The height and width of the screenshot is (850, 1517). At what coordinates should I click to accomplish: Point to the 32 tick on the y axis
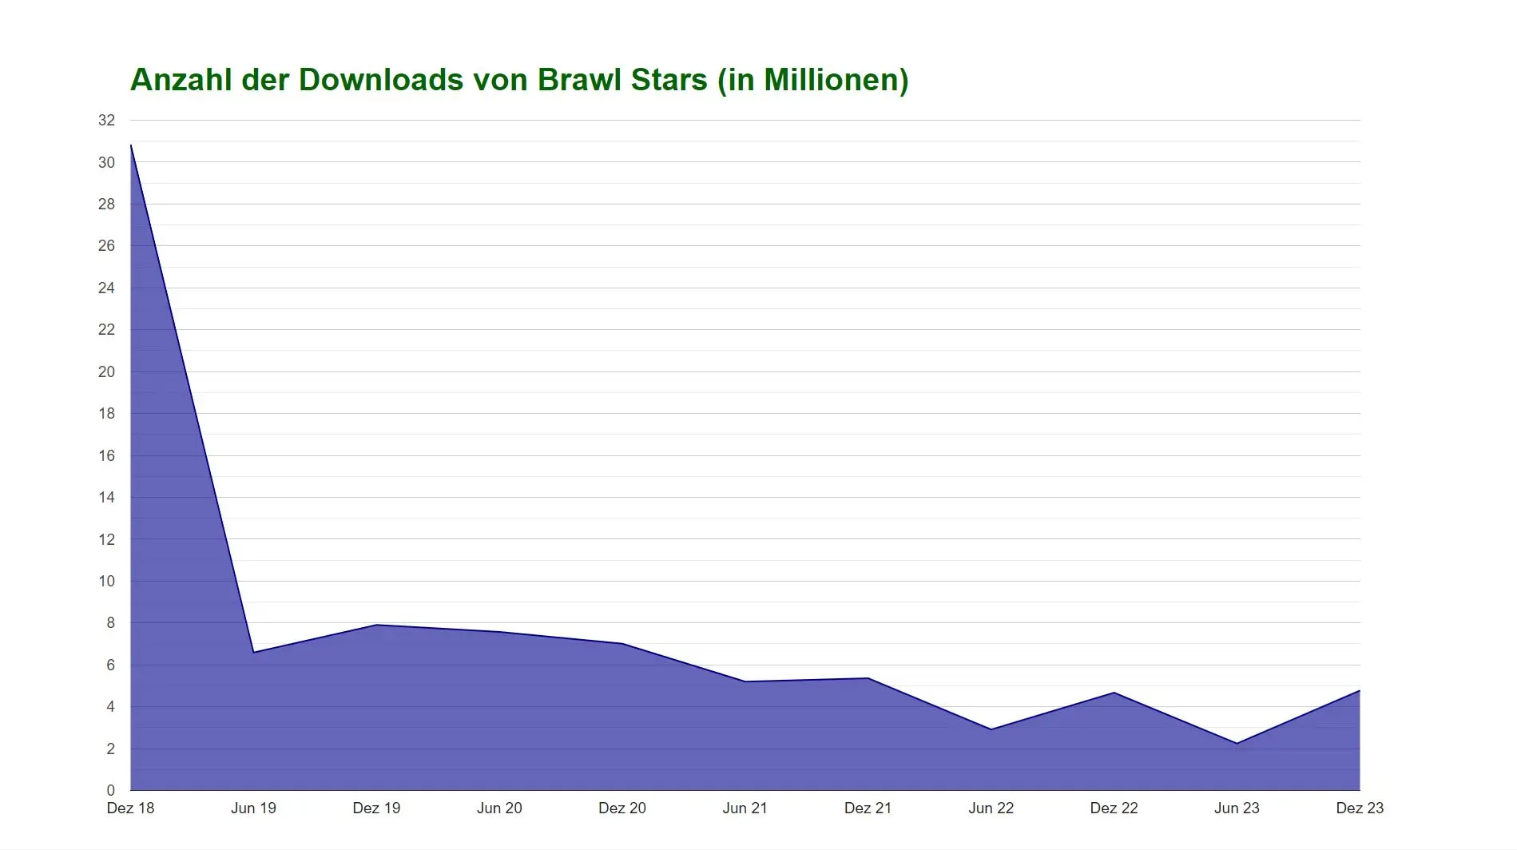click(106, 121)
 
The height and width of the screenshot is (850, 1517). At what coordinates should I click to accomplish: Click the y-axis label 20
click(106, 371)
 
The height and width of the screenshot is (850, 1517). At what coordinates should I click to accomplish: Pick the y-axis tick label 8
click(110, 623)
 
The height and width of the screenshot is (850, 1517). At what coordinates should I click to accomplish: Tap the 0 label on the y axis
click(110, 791)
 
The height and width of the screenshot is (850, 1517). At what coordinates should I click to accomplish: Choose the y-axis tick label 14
click(106, 498)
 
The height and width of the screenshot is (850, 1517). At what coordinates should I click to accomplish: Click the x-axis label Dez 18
click(130, 808)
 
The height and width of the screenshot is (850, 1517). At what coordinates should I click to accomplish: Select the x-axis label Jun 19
click(253, 808)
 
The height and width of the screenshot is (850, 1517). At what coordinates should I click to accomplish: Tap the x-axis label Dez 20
click(622, 808)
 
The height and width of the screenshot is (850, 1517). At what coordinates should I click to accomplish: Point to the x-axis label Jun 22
click(991, 808)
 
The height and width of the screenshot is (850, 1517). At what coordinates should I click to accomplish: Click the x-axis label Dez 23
click(1360, 808)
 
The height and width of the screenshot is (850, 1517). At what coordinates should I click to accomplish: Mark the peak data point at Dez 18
click(131, 145)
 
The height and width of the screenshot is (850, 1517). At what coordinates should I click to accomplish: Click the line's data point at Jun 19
click(253, 653)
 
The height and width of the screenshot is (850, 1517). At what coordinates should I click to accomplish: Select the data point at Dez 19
click(376, 625)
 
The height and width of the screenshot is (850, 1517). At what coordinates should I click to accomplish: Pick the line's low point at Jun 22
click(991, 729)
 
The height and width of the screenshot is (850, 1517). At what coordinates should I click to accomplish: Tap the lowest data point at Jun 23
click(1237, 744)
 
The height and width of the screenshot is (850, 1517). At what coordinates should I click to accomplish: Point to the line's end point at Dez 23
click(1360, 691)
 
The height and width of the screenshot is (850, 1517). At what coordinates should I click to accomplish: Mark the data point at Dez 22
click(1114, 693)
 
